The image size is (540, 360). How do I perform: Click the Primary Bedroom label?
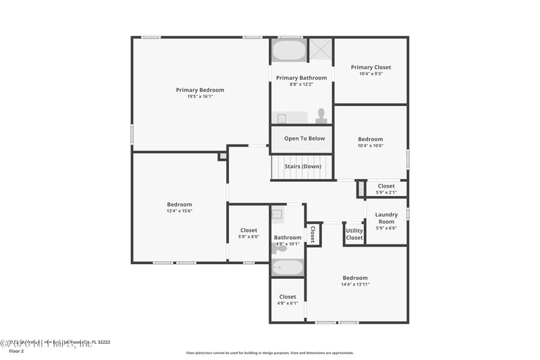click(x=200, y=90)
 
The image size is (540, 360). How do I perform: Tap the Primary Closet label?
click(x=371, y=67)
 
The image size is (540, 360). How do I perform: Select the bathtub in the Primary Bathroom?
click(x=289, y=51)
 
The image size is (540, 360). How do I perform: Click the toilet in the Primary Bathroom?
click(x=321, y=116)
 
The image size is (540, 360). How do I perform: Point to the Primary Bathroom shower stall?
click(x=321, y=50)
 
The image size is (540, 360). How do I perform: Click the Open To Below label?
click(x=304, y=138)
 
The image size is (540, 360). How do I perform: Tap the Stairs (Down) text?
click(x=302, y=166)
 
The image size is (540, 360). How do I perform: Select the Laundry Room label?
click(x=386, y=218)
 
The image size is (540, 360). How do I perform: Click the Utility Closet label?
click(x=354, y=234)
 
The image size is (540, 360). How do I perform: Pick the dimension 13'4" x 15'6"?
click(x=180, y=211)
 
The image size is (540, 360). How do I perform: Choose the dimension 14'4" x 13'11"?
click(x=355, y=284)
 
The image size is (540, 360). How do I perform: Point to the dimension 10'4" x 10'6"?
click(x=371, y=145)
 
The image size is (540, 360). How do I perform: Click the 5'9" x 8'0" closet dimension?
click(x=248, y=236)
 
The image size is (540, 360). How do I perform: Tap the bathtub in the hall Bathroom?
click(x=288, y=267)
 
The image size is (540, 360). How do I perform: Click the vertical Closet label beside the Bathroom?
click(x=313, y=234)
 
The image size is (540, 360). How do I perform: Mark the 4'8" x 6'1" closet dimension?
click(x=288, y=303)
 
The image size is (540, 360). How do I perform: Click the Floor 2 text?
click(x=16, y=351)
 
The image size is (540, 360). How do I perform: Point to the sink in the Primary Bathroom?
click(x=282, y=119)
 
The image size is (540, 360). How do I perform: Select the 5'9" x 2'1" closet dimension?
click(x=386, y=192)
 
